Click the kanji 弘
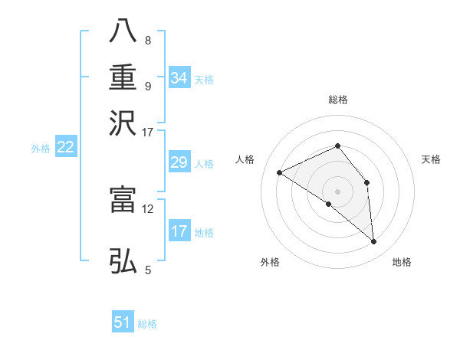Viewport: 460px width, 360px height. (x=123, y=261)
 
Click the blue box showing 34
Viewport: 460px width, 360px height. (x=179, y=78)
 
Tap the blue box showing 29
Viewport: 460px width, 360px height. (x=179, y=162)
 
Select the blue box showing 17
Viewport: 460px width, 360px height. (x=179, y=231)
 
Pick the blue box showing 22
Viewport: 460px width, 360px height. (x=65, y=147)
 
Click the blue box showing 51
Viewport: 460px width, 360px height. (x=123, y=322)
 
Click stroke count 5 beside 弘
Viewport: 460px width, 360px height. (x=147, y=270)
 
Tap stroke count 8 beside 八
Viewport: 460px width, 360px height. (x=147, y=40)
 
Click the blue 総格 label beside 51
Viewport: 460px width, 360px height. (x=147, y=324)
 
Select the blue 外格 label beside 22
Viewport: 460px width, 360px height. (x=41, y=149)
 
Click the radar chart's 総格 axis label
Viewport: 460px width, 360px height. (x=337, y=100)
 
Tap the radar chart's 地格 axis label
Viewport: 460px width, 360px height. (x=402, y=263)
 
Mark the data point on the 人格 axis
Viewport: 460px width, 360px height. (x=280, y=172)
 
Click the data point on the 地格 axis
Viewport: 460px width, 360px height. (x=374, y=242)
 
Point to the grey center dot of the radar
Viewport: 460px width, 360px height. (x=337, y=191)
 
